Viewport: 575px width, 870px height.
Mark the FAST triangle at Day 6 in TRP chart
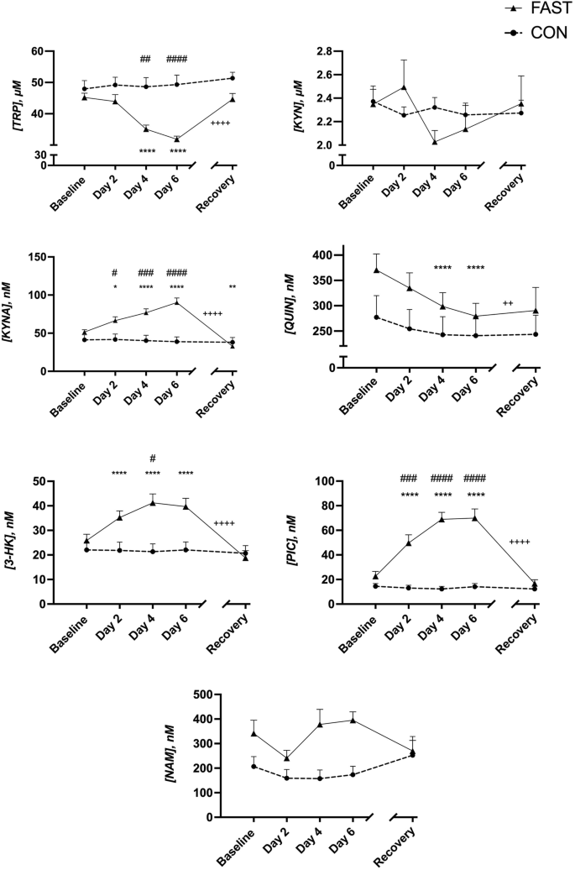[177, 139]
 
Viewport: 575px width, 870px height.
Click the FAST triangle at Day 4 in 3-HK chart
[153, 502]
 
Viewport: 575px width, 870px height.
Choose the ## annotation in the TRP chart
[145, 59]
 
